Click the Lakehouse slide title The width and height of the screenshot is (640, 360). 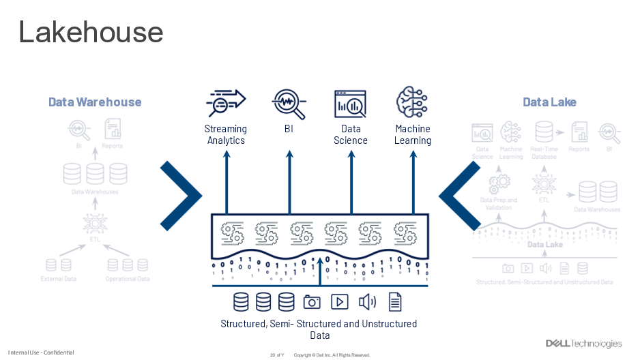point(91,32)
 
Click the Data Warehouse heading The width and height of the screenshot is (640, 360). point(95,102)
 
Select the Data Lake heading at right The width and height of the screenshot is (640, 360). point(549,102)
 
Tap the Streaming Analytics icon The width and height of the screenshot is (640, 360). point(226,103)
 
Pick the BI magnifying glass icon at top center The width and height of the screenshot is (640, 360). point(289,103)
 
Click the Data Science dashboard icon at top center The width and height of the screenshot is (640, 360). point(351,104)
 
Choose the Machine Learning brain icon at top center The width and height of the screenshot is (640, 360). point(412,103)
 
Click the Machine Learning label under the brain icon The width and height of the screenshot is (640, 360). point(413,134)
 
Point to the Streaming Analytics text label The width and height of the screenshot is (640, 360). point(226,134)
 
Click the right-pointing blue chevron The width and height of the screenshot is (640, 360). point(181,196)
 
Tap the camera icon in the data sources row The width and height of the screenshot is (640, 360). point(312,301)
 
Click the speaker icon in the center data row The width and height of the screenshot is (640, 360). point(367,301)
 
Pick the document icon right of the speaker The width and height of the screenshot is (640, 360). point(395,301)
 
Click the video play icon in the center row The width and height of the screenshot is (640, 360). point(339,301)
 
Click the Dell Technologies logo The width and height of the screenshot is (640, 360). point(583,343)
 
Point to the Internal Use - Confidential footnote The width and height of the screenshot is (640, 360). point(41,352)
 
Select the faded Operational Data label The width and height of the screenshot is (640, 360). point(127,280)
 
